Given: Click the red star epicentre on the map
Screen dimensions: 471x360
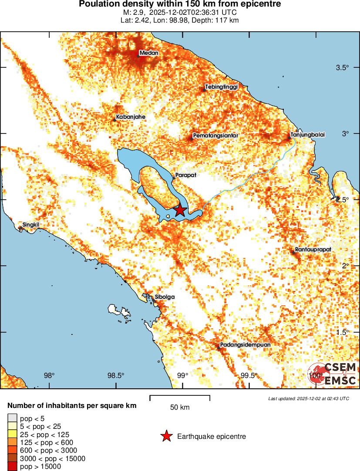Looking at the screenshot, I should pyautogui.click(x=180, y=210).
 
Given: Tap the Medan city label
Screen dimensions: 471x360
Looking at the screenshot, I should pyautogui.click(x=148, y=53).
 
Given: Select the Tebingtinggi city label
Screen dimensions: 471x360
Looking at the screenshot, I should pyautogui.click(x=222, y=87).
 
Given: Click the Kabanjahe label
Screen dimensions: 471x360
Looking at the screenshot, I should pyautogui.click(x=131, y=117).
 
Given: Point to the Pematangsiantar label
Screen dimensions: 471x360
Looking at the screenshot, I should pyautogui.click(x=216, y=136).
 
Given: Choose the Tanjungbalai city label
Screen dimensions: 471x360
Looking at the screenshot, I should pyautogui.click(x=307, y=135).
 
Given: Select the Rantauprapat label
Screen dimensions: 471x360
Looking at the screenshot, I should pyautogui.click(x=313, y=250).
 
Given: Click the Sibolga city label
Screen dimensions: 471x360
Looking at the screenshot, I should pyautogui.click(x=165, y=297).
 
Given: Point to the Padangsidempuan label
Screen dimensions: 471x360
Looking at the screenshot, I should pyautogui.click(x=246, y=344).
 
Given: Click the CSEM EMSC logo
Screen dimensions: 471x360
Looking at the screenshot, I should pyautogui.click(x=333, y=374).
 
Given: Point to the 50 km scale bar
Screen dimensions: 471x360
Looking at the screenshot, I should pyautogui.click(x=180, y=397).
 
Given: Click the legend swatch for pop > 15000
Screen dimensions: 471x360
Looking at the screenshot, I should pyautogui.click(x=12, y=467).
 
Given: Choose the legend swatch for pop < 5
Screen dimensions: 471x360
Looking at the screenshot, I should pyautogui.click(x=12, y=418).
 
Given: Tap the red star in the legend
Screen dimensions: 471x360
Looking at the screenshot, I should pyautogui.click(x=166, y=436).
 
